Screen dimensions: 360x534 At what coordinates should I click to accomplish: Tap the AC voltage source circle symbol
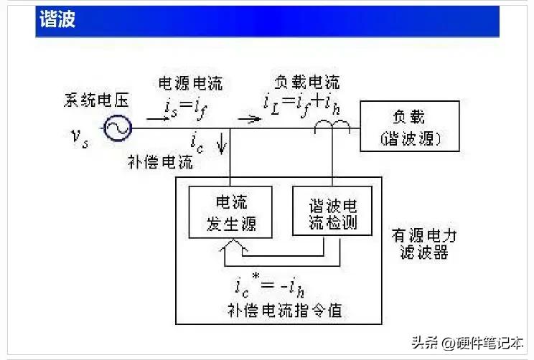point(116,129)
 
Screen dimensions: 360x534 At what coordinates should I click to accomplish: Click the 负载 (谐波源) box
point(409,126)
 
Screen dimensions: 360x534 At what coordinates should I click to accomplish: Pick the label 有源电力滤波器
point(423,244)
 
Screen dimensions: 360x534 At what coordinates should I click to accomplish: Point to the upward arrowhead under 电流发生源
point(227,245)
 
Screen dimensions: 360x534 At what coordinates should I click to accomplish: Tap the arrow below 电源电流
point(157,118)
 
